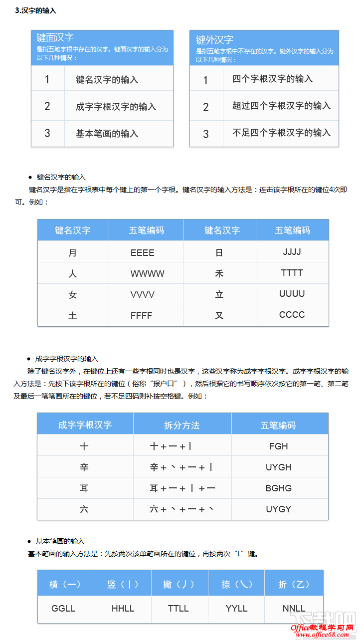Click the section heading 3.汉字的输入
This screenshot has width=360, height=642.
point(36,10)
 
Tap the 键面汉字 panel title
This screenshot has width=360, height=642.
point(55,37)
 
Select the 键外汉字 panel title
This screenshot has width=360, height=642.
point(214,40)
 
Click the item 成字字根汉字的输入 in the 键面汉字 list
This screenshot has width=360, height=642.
point(116,106)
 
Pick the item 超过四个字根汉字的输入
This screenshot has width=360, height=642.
point(281,106)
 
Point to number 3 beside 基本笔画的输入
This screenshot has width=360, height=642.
point(47,133)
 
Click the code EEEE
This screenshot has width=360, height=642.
point(143,253)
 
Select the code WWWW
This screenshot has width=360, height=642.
point(147,274)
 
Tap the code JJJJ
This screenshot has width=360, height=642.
point(292,252)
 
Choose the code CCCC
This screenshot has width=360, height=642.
point(292,315)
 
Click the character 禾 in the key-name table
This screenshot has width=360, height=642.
point(219,273)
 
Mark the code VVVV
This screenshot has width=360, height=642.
point(143,295)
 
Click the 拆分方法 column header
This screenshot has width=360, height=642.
point(182,425)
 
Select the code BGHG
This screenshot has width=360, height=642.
point(278,488)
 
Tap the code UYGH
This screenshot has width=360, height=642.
point(278,467)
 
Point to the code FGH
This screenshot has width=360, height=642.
point(278,446)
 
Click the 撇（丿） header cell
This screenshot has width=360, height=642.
point(179,584)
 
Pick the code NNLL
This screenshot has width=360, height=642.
point(294,609)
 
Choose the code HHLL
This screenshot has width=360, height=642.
point(123,609)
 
